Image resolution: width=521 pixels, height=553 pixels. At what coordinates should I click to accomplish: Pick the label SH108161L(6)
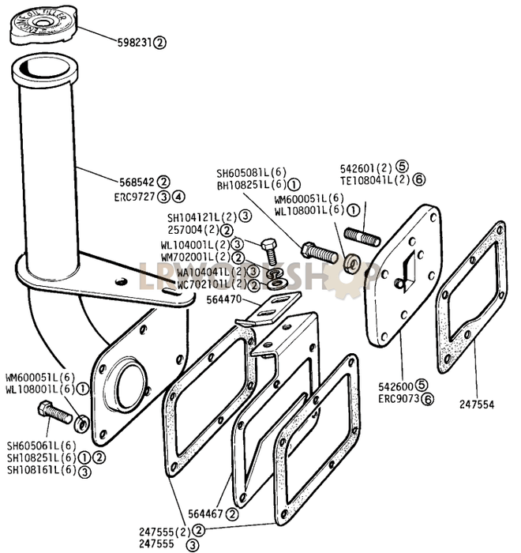coord(41,470)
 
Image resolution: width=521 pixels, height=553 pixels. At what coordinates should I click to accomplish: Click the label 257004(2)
coord(193,230)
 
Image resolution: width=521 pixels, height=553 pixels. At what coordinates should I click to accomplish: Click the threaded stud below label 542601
coord(360,235)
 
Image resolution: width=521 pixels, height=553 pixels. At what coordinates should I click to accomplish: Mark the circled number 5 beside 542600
coord(422,385)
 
